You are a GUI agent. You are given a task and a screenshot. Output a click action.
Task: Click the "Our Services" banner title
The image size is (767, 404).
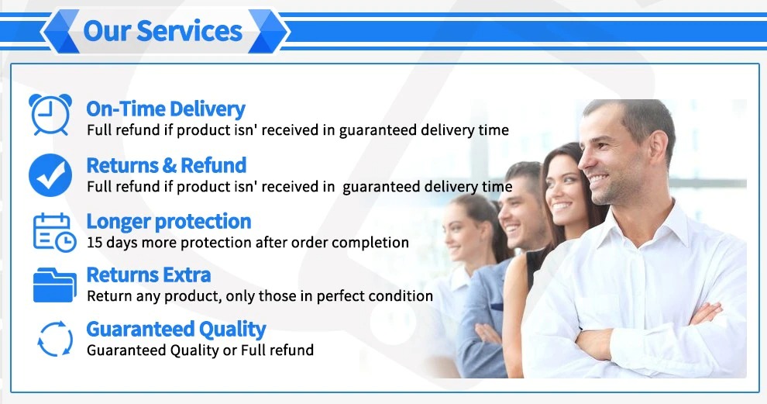click(163, 31)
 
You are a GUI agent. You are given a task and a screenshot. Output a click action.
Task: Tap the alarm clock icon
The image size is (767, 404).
click(50, 115)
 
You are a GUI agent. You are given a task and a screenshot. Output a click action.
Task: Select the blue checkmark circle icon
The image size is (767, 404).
click(50, 174)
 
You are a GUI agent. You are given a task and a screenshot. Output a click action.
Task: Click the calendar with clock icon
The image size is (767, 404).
click(54, 233)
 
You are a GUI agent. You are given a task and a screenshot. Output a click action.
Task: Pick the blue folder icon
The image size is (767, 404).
click(54, 285)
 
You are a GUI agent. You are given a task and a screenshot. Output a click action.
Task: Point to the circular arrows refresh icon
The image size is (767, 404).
click(55, 339)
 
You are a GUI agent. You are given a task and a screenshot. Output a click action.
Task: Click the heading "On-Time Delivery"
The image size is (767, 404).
click(166, 109)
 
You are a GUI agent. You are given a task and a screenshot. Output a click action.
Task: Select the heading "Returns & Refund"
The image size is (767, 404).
click(167, 165)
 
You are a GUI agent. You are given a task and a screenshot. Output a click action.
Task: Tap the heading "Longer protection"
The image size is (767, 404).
click(169, 221)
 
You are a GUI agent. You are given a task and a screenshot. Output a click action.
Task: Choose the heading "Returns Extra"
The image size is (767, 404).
click(149, 275)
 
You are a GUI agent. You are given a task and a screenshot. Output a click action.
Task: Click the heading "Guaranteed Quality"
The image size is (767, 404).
click(176, 329)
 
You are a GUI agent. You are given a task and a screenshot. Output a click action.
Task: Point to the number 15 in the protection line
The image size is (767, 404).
click(95, 242)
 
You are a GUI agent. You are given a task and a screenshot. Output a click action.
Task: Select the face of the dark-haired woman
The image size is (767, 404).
click(562, 188)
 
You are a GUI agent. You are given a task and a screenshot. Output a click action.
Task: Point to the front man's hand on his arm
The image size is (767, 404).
click(704, 312)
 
